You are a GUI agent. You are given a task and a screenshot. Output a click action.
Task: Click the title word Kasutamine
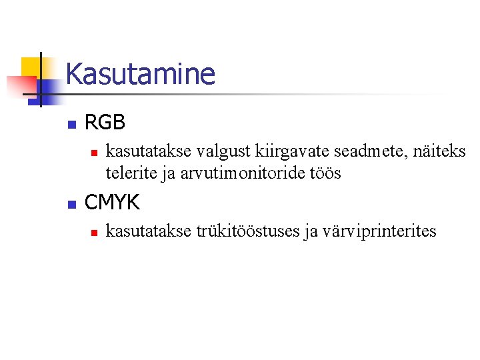click(141, 74)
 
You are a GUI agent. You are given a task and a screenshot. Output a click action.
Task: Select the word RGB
click(105, 123)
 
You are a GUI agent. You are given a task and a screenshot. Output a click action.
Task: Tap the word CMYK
click(111, 201)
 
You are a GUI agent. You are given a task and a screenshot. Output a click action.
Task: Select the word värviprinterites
click(379, 231)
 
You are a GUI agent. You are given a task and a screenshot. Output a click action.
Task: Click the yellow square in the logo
click(32, 67)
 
